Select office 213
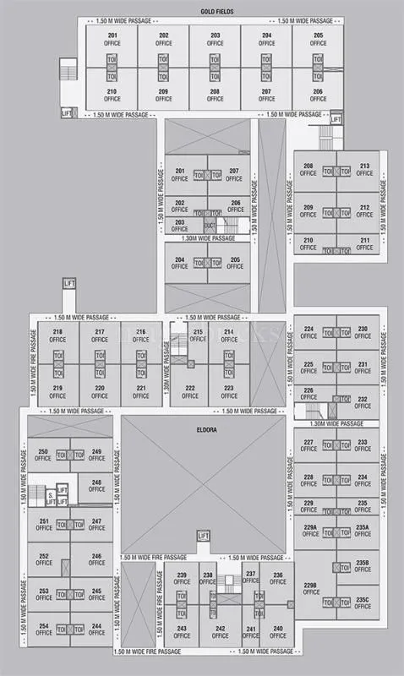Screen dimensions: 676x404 pos(364,170)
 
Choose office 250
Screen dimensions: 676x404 pos(43,455)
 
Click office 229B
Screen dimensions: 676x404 pos(310,588)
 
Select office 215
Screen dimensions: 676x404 pos(198,336)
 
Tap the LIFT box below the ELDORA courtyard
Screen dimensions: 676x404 pos(202,537)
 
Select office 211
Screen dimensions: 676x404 pos(364,244)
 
